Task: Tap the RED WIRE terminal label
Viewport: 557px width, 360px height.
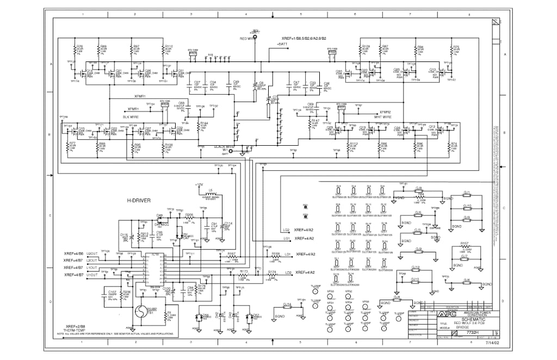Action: tap(247, 39)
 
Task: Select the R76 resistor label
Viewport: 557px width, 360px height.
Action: tap(80, 47)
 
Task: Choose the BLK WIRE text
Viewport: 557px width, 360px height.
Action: tap(131, 116)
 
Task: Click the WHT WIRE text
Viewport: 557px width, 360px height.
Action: tap(382, 116)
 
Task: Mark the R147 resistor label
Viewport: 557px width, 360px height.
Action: tap(315, 121)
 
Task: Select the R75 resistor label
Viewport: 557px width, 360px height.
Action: tap(456, 47)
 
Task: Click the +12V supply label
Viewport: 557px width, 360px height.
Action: tap(200, 184)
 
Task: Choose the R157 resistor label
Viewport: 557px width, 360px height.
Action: tap(465, 243)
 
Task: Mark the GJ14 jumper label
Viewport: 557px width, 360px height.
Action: tap(287, 304)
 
